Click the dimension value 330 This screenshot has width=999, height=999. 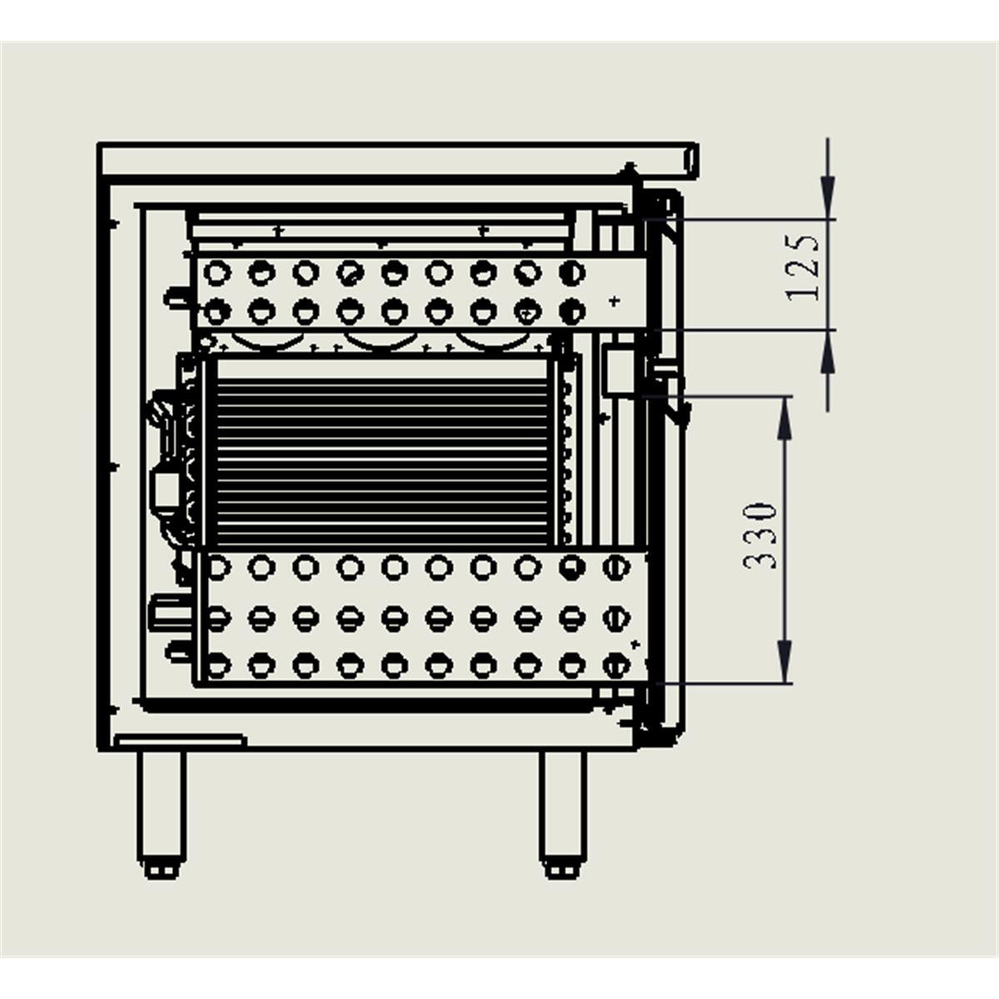point(761,534)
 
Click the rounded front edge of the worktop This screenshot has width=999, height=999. point(689,160)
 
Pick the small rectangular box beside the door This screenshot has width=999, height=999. point(617,371)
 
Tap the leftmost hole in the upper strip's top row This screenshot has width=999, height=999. point(218,271)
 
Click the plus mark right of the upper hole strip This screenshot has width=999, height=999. point(614,301)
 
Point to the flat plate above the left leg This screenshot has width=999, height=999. point(181,740)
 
